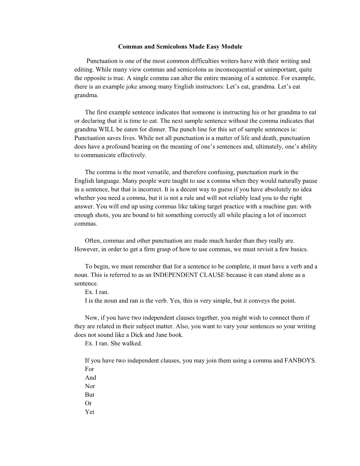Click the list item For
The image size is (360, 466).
(89, 369)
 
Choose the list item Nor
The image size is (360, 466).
(90, 386)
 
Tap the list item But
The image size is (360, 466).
(89, 395)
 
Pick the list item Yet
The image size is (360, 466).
(89, 412)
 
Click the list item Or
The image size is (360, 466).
(88, 404)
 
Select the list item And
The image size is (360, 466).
(90, 378)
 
